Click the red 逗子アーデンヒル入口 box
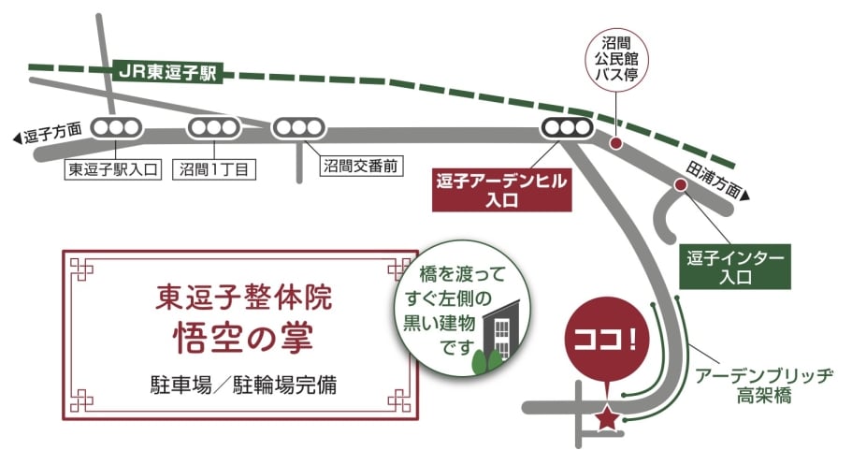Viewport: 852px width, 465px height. point(502,192)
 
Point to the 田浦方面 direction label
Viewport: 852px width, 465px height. point(717,182)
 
